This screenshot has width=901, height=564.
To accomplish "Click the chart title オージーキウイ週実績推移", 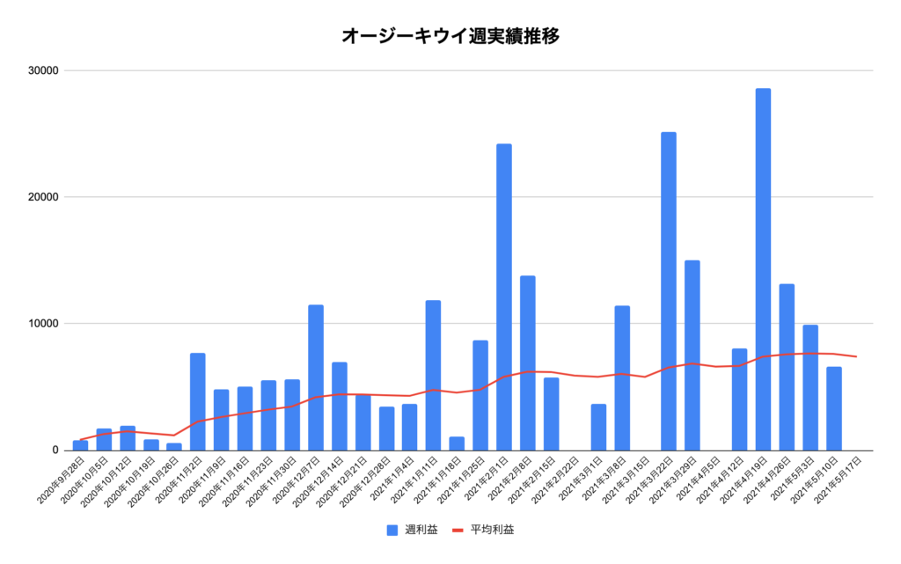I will [x=450, y=36].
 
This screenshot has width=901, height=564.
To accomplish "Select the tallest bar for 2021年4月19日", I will [x=763, y=269].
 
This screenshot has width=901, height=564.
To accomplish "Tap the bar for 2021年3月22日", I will [x=669, y=291].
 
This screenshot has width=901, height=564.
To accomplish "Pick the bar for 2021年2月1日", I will [x=504, y=297].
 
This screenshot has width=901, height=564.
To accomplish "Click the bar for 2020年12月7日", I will [x=316, y=377].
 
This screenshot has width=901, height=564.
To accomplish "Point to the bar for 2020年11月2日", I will [x=198, y=401].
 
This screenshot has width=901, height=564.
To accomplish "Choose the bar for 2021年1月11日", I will [x=433, y=375].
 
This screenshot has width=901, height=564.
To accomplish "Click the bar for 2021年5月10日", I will [x=834, y=408].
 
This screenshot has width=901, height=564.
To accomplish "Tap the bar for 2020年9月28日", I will [x=80, y=445].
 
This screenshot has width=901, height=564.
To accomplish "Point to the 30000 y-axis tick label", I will [x=41, y=70].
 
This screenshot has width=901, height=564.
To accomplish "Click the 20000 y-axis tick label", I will [x=41, y=197].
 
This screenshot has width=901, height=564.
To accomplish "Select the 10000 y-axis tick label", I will [x=41, y=324].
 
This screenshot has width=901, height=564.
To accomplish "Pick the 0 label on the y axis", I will [x=54, y=450].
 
